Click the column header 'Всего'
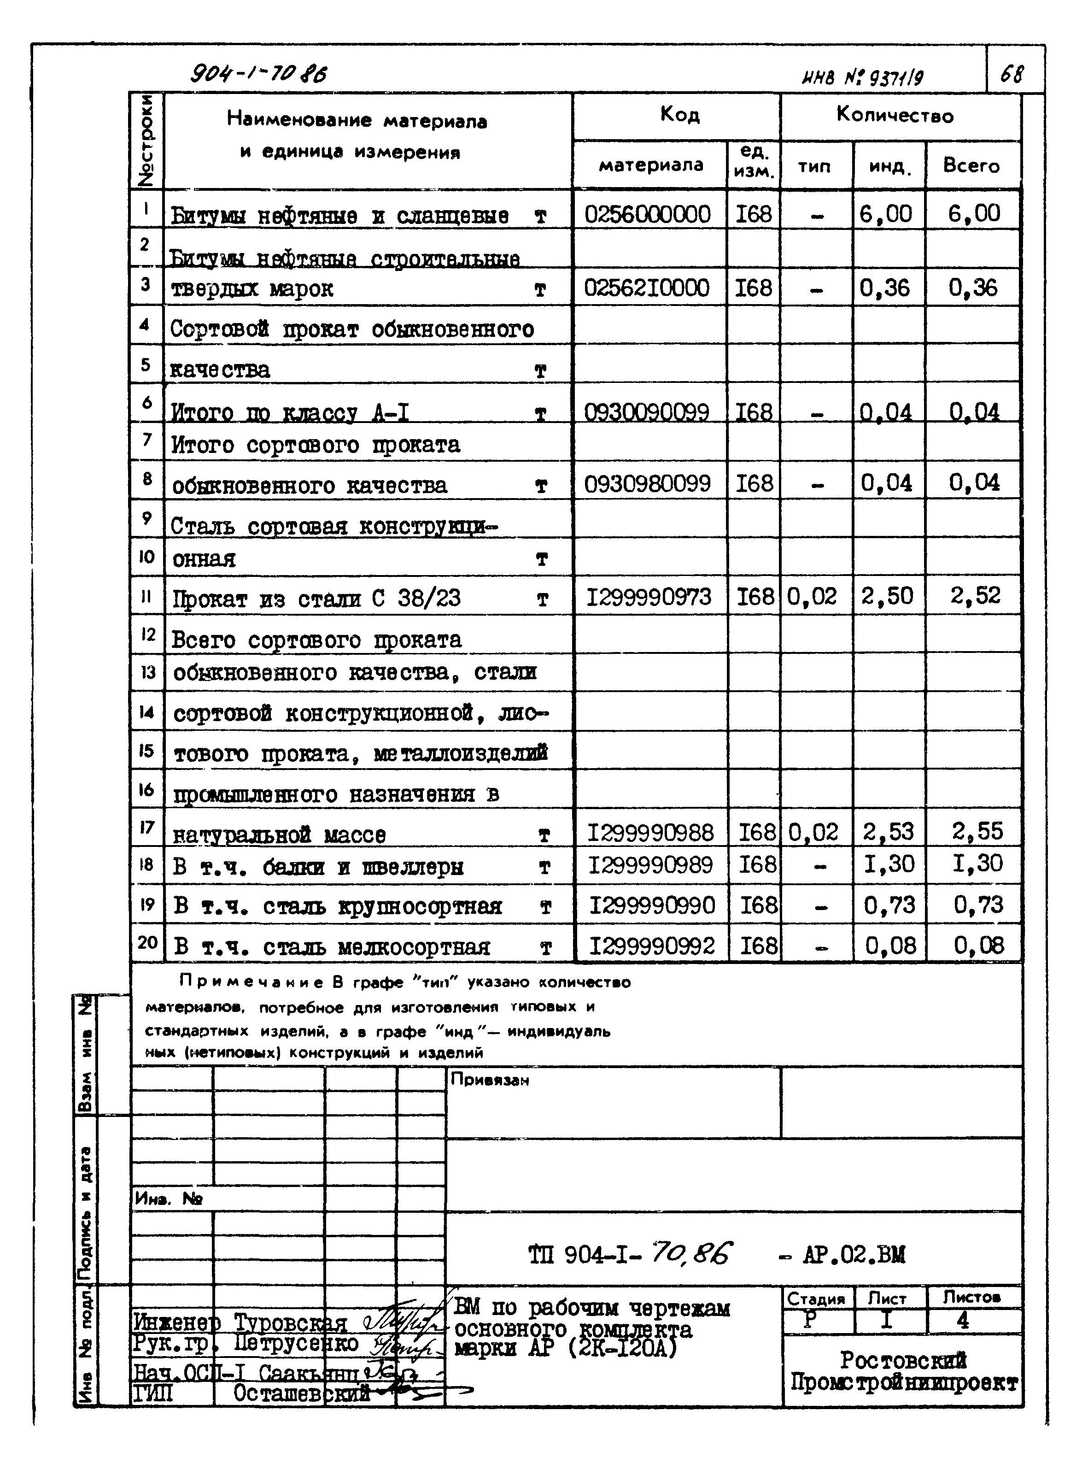tap(971, 165)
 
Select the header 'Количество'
tap(895, 116)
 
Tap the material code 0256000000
tap(647, 214)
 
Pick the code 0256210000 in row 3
tap(647, 288)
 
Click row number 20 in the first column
tap(147, 942)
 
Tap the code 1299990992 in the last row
tap(651, 946)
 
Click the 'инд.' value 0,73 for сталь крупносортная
tap(889, 905)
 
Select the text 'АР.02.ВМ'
tap(854, 1254)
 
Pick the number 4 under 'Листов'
tap(962, 1320)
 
